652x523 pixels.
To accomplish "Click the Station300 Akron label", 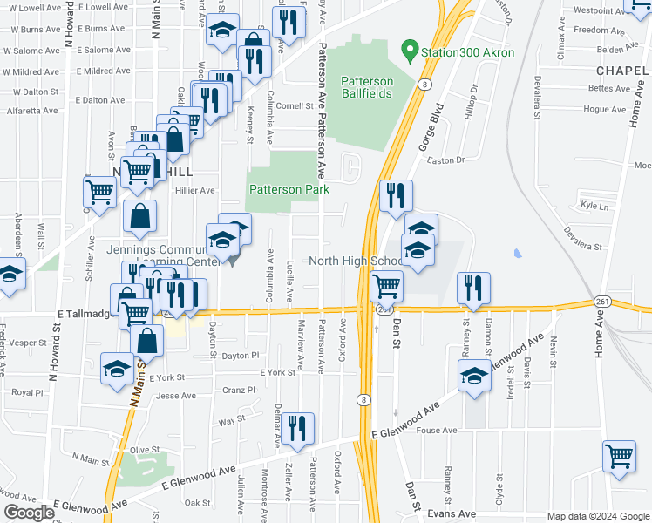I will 467,52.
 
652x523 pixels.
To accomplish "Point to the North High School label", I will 357,261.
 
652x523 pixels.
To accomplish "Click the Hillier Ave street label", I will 195,190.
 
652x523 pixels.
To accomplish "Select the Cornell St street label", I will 295,106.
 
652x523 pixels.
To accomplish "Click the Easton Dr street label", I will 446,160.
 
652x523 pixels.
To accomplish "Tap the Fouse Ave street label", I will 437,430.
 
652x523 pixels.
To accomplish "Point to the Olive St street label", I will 145,450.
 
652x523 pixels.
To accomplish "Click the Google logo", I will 29,513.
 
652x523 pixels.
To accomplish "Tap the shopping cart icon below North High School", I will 385,286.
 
